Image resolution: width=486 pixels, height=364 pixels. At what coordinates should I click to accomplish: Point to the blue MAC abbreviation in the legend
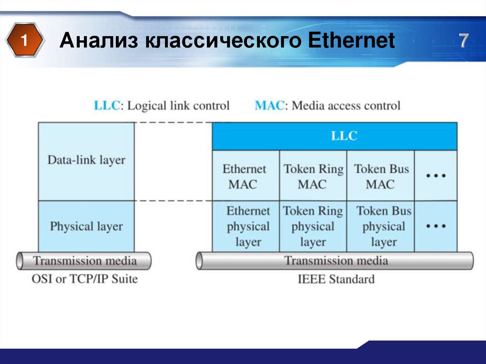pos(270,105)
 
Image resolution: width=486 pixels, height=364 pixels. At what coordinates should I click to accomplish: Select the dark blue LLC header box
pos(335,136)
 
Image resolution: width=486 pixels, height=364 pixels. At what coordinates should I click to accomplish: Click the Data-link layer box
pos(86,160)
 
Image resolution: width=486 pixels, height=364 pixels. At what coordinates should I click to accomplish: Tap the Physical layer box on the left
pos(86,226)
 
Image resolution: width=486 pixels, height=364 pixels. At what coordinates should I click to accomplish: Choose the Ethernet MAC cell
pos(245,176)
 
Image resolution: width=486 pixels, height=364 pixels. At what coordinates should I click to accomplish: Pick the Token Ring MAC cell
pos(313,176)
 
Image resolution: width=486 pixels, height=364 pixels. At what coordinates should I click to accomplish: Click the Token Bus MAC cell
pos(381,176)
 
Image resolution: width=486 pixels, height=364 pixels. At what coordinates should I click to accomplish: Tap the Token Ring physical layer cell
pos(313,226)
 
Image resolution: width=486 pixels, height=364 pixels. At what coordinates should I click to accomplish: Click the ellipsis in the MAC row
pos(436,176)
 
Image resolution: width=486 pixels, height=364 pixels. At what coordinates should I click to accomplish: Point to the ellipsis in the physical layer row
pos(436,226)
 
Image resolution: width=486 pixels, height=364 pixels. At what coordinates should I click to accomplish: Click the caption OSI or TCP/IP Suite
pos(84,279)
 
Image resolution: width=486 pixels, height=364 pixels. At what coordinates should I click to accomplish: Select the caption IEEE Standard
pos(336,279)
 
